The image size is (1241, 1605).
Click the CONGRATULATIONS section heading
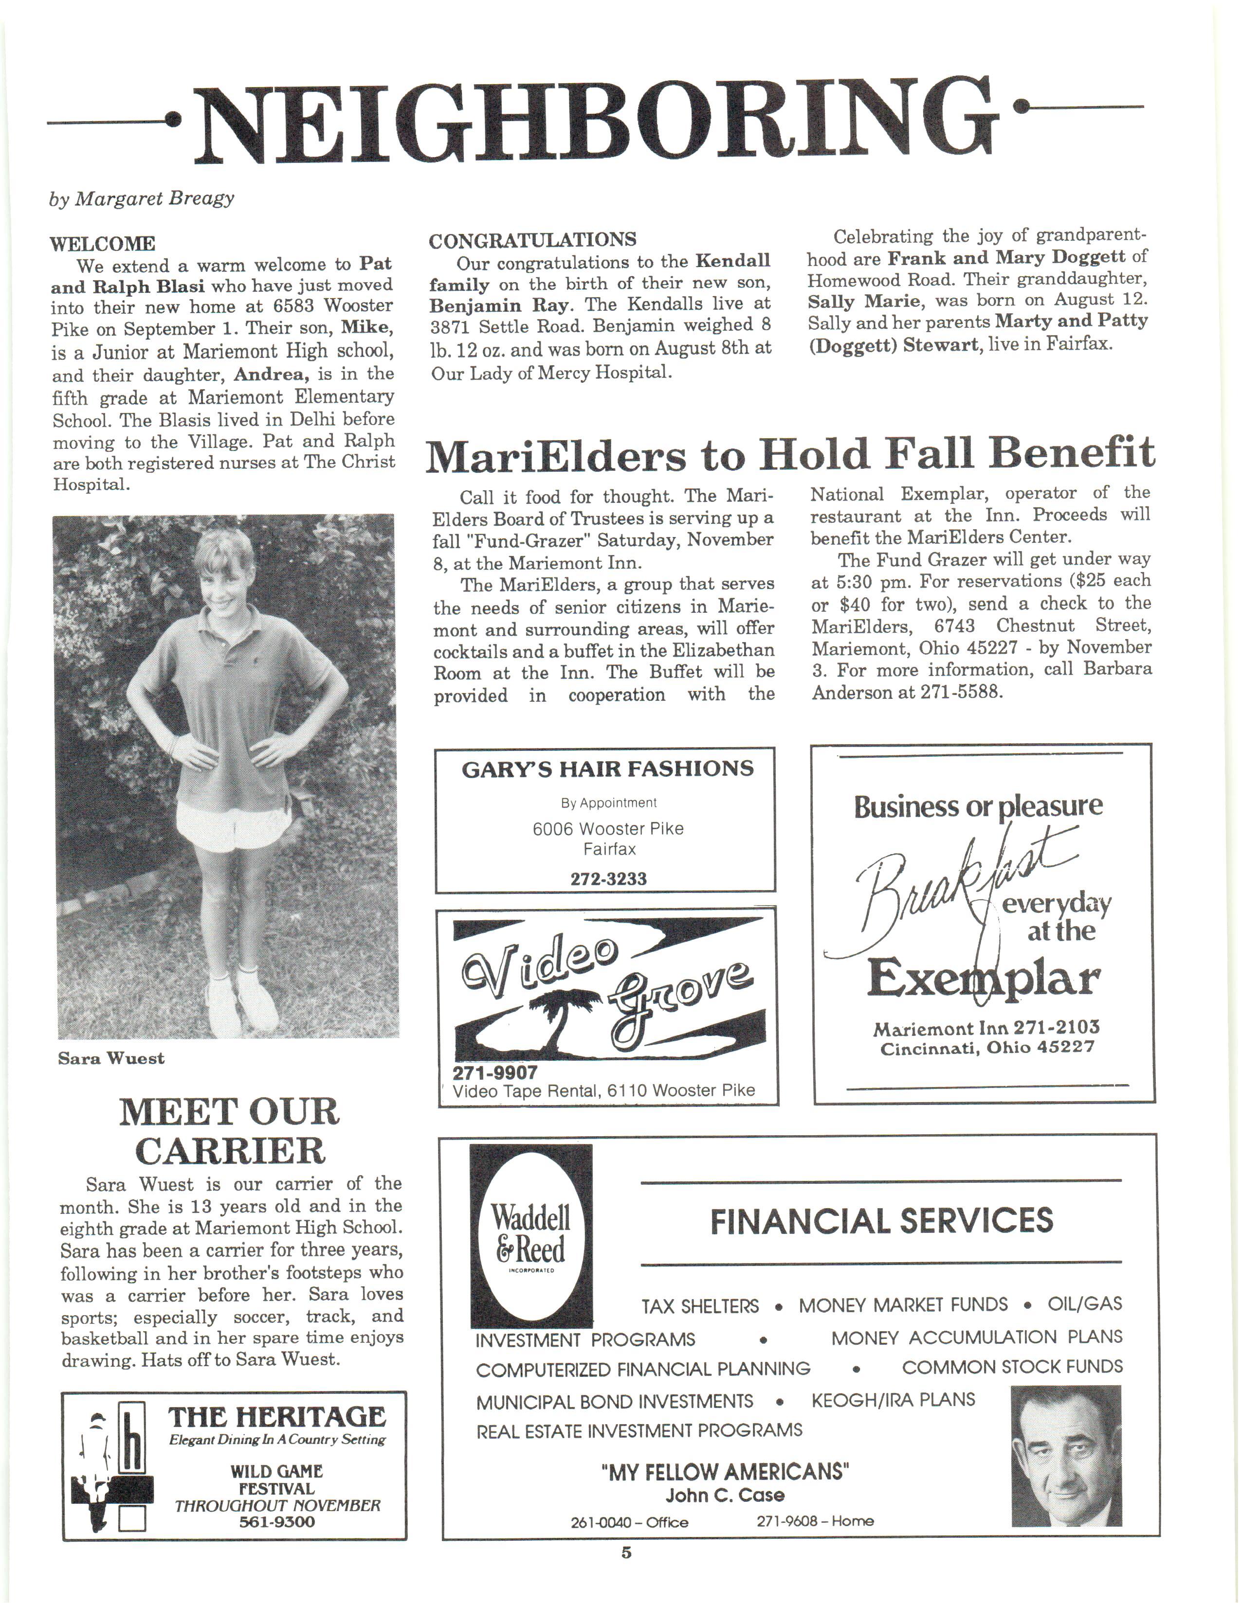(x=532, y=240)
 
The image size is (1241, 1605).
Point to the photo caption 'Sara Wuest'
(x=111, y=1058)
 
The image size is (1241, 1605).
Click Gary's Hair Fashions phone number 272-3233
(x=608, y=879)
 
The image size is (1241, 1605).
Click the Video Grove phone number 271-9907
(x=495, y=1072)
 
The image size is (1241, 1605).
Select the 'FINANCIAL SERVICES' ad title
(x=881, y=1221)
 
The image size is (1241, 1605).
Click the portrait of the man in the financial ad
(x=1065, y=1456)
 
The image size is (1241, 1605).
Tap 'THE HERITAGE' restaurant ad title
(x=276, y=1417)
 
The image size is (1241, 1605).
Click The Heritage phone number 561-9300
(x=276, y=1522)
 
